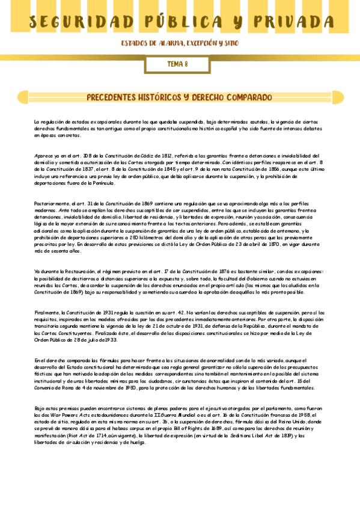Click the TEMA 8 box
click(x=177, y=63)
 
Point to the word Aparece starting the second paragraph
click(x=43, y=155)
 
